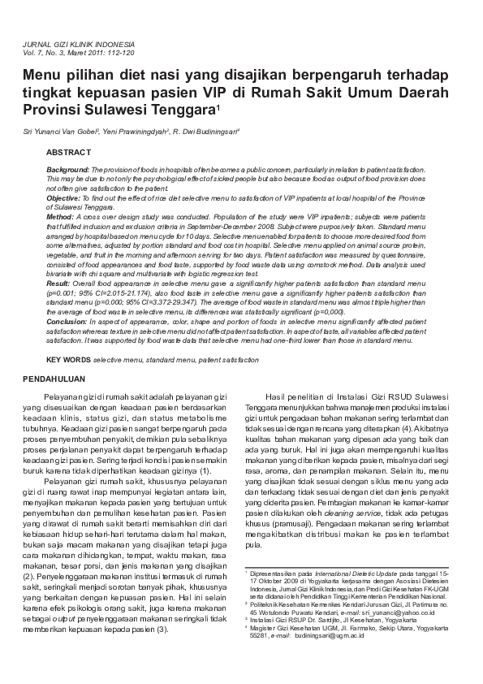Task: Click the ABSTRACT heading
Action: (68, 152)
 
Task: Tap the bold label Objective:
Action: (63, 197)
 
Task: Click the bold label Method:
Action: (60, 218)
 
